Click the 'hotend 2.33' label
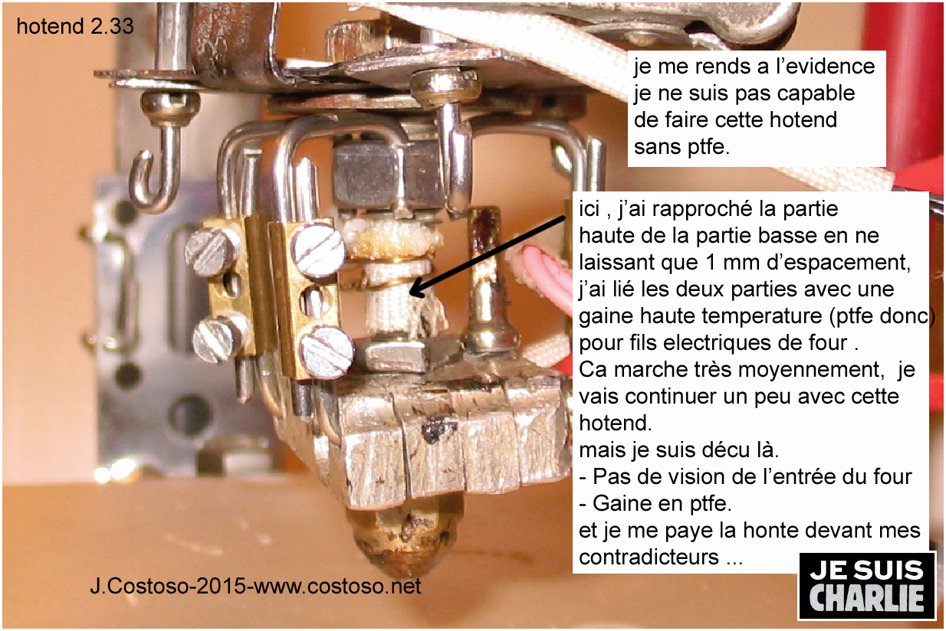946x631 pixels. pos(75,26)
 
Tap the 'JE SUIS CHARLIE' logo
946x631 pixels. pos(866,586)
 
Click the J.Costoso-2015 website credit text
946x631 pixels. pos(255,586)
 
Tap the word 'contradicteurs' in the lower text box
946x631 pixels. pos(649,557)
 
